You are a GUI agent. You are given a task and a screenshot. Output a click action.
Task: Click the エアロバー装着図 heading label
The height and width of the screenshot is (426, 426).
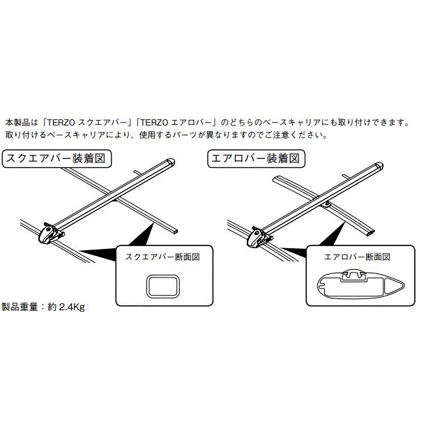point(256,158)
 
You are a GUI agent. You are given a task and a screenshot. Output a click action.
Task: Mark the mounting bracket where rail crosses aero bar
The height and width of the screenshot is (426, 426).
point(328,204)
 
